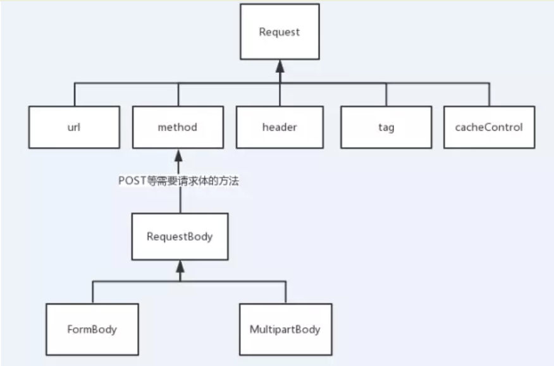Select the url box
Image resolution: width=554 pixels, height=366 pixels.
[x=75, y=127]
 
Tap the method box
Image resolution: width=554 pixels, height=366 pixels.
[x=177, y=127]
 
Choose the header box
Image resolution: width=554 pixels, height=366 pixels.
[x=280, y=127]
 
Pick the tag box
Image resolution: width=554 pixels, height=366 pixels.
[x=386, y=127]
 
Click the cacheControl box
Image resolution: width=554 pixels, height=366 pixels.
[x=489, y=127]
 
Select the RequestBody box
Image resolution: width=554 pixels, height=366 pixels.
[x=180, y=237]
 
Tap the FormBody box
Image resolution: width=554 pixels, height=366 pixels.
[x=92, y=329]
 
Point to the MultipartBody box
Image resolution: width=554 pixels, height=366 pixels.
[x=285, y=329]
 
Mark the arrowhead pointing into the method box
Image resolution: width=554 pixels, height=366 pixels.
[x=180, y=154]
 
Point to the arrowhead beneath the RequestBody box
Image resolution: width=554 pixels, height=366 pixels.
[x=180, y=265]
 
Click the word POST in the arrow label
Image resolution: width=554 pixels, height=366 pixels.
[x=132, y=181]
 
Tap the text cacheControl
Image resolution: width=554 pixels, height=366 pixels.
[x=489, y=127]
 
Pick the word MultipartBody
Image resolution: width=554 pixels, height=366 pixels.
[x=285, y=329]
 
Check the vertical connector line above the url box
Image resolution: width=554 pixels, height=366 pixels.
[x=75, y=95]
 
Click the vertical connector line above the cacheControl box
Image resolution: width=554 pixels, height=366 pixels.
[x=489, y=95]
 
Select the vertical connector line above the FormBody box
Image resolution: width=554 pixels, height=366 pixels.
[x=92, y=292]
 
